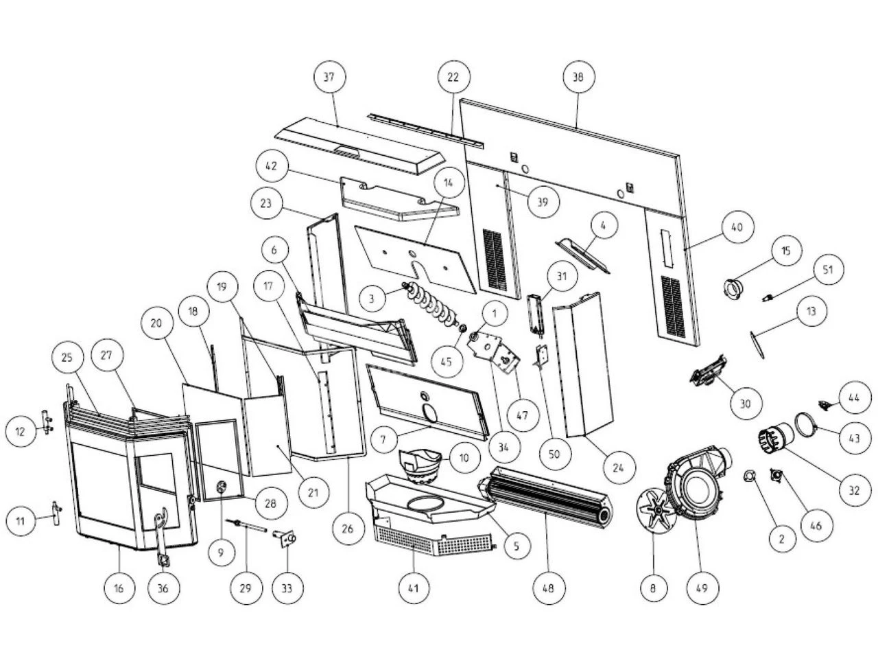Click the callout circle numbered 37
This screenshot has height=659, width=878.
[x=329, y=77]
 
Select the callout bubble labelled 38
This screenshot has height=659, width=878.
[x=578, y=78]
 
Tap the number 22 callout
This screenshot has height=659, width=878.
[x=453, y=77]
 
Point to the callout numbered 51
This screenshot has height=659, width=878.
[x=828, y=270]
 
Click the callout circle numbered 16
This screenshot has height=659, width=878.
[x=120, y=588]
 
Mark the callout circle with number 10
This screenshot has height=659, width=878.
[x=464, y=456]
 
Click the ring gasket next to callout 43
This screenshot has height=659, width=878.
[x=806, y=422]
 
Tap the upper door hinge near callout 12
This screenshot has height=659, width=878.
[x=46, y=419]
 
